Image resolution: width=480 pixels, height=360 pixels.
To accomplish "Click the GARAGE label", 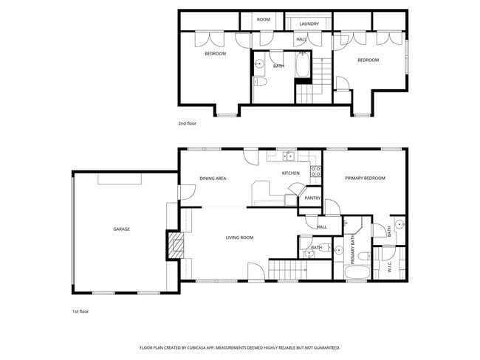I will click(x=121, y=229).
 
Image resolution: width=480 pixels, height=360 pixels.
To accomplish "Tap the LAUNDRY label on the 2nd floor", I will click(x=309, y=24).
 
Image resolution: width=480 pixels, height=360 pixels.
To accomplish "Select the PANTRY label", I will click(x=312, y=198).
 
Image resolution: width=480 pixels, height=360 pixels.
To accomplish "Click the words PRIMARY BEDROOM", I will click(x=365, y=179).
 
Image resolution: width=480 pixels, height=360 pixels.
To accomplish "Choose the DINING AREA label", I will click(x=213, y=179).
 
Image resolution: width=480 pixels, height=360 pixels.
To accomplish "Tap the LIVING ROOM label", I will click(x=239, y=238).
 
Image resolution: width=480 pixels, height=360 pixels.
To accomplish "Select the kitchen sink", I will click(x=288, y=156).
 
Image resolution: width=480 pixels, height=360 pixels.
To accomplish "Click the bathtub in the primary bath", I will click(x=357, y=274).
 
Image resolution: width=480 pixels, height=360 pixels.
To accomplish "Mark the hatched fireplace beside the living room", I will click(x=175, y=245).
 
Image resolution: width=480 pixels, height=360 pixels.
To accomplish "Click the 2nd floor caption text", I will click(x=187, y=124).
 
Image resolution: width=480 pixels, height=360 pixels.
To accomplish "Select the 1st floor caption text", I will click(x=80, y=311).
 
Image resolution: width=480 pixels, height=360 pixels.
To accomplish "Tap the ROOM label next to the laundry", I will click(x=264, y=19).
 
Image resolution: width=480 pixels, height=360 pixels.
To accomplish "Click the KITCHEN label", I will click(x=290, y=173).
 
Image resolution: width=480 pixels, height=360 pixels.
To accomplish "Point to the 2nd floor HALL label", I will click(x=301, y=39).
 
